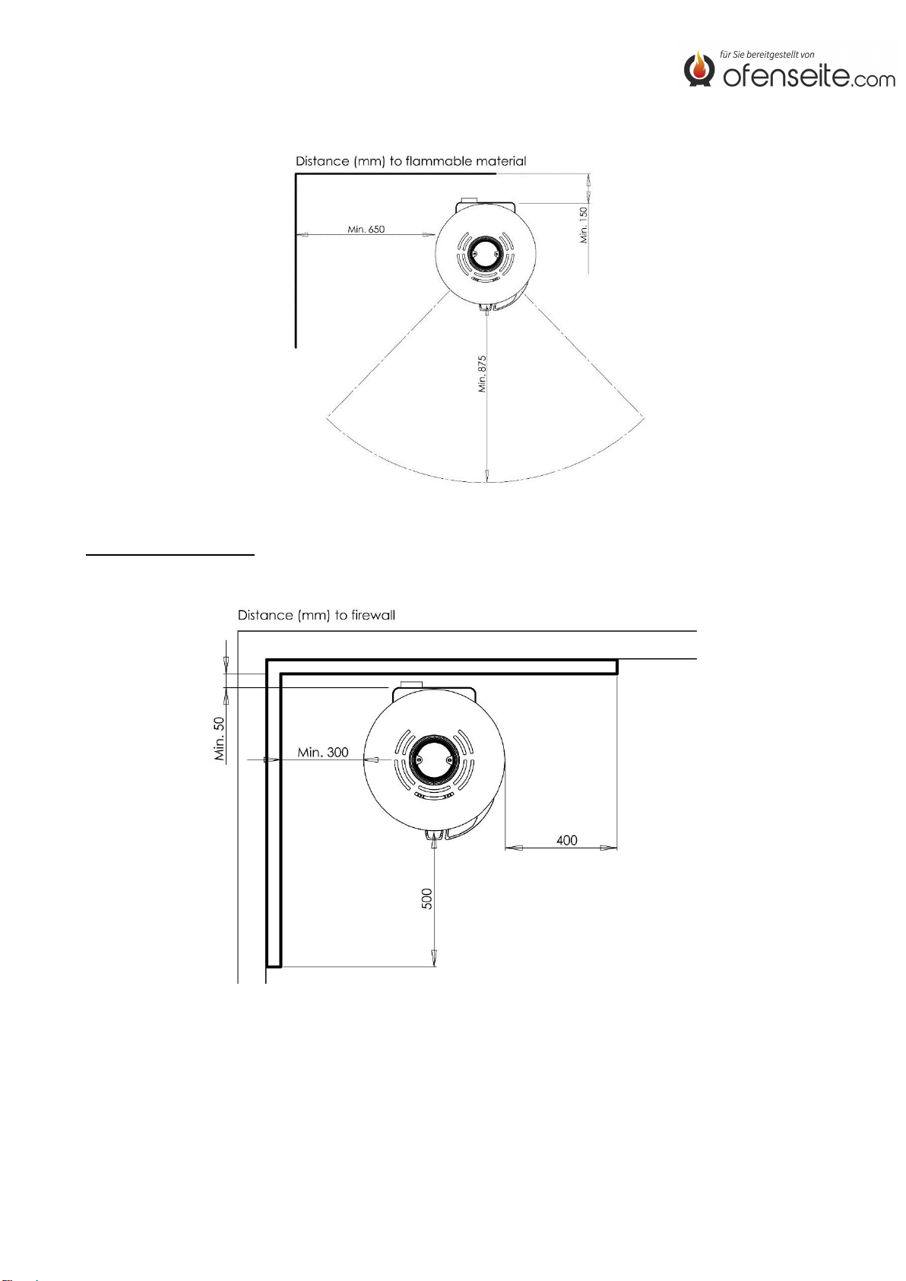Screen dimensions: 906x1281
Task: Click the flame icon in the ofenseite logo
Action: (699, 68)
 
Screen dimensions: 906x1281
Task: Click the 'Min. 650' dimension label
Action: (366, 230)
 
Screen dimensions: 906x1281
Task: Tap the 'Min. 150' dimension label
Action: (584, 225)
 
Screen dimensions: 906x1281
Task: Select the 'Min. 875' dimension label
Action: (482, 374)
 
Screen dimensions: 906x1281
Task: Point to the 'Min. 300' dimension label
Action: (323, 752)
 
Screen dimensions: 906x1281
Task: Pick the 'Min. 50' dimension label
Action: (220, 739)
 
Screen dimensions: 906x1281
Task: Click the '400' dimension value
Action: (566, 840)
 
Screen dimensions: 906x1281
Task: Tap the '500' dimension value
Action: (426, 899)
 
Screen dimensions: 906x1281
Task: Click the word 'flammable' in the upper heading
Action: (439, 161)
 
